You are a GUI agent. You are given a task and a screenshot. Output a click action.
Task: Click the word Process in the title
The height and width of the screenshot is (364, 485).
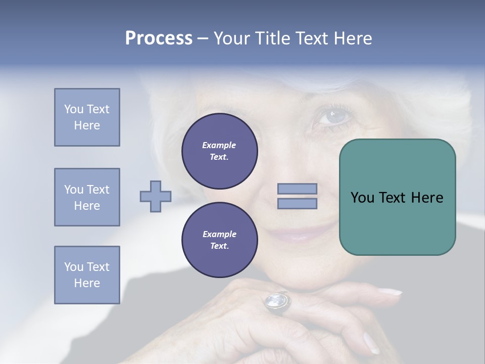[x=159, y=38]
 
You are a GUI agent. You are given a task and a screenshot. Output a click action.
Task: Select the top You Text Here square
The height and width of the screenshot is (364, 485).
[x=87, y=117]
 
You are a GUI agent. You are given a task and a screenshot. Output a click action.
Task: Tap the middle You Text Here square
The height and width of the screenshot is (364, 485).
[x=87, y=197]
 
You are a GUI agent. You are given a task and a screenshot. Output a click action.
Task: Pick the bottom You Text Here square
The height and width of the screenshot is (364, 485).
[x=87, y=275]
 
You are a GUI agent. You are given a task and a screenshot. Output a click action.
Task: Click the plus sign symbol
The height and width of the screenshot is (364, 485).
[x=156, y=197]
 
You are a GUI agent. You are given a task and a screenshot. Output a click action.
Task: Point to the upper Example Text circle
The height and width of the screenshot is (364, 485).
[x=219, y=151]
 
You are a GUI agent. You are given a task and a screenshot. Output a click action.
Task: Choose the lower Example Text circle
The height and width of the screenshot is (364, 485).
[x=219, y=240]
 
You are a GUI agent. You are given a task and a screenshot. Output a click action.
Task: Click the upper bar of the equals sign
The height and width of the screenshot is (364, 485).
[x=297, y=189]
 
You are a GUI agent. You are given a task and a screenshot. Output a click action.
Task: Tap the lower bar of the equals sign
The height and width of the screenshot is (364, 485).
[x=297, y=203]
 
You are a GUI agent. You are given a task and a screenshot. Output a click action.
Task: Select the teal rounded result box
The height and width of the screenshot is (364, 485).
[x=397, y=197]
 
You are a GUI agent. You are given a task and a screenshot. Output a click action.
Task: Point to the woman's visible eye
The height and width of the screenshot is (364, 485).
[x=330, y=116]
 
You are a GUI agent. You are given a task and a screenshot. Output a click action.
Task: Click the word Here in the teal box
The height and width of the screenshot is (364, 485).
[x=427, y=198]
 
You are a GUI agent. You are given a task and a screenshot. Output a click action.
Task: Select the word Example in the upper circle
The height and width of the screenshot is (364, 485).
[x=219, y=145]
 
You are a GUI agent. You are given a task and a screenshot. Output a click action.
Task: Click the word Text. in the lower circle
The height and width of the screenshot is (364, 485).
[x=219, y=246]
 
